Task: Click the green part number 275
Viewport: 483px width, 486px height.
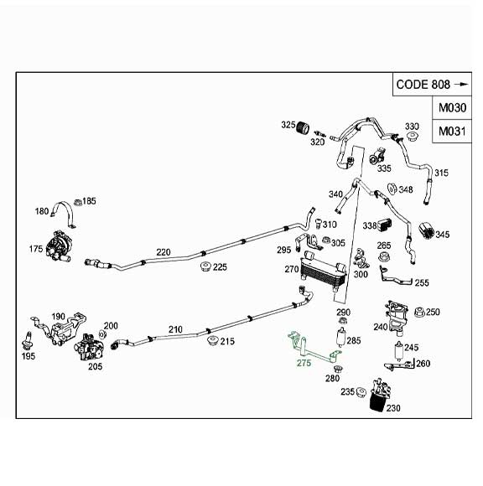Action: [x=304, y=363]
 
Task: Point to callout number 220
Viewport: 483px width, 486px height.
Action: [x=164, y=251]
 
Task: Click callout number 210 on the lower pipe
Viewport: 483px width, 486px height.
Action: [x=174, y=329]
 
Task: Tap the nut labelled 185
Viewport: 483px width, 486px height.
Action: [x=76, y=202]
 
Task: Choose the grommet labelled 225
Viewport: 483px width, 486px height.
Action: [x=202, y=268]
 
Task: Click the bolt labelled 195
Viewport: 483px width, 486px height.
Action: [x=28, y=342]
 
